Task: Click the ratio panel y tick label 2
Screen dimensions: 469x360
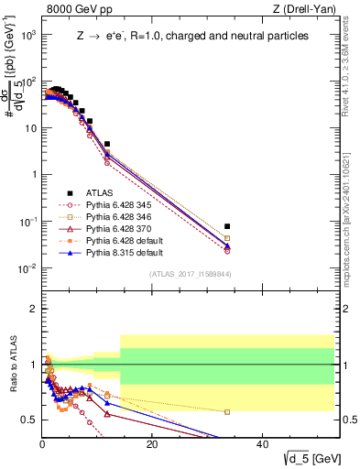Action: click(32, 309)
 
